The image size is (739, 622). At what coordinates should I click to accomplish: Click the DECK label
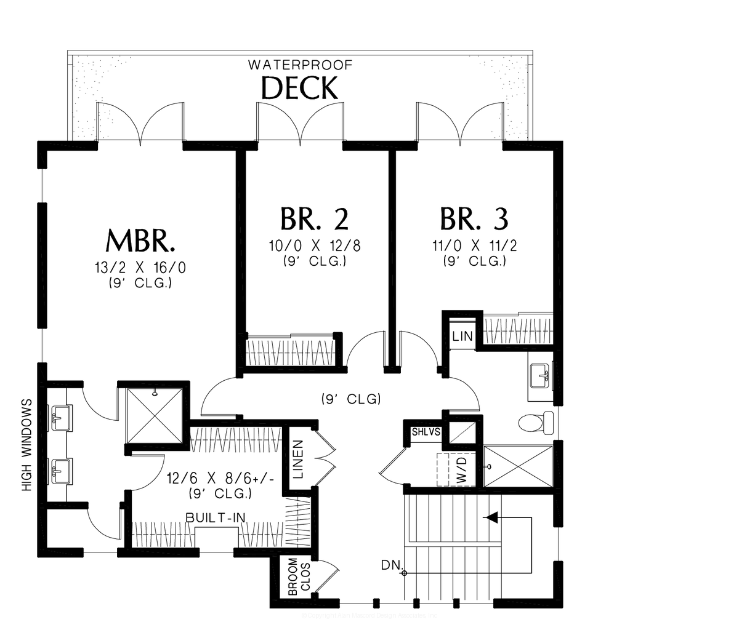click(x=300, y=88)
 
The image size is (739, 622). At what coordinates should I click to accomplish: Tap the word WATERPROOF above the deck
click(x=300, y=64)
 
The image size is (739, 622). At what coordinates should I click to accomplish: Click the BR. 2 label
click(x=314, y=218)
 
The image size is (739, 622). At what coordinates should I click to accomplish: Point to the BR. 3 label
click(x=474, y=218)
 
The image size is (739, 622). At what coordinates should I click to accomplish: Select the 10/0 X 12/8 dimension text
click(x=315, y=245)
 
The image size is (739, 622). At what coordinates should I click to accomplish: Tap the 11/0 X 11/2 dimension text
click(x=474, y=245)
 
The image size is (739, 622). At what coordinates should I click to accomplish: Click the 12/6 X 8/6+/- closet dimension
click(x=211, y=477)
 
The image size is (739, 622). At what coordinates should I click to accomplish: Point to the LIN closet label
click(x=462, y=336)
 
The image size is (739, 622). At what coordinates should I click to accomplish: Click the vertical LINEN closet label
click(x=298, y=460)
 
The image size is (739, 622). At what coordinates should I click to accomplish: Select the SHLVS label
click(x=426, y=432)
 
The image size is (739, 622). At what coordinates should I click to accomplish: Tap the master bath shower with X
click(x=155, y=413)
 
